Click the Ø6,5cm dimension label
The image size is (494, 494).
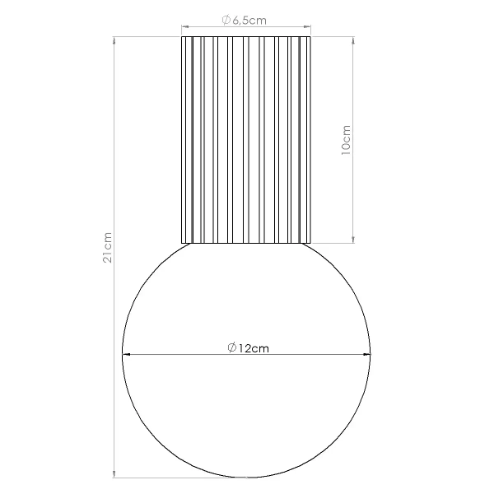click(x=246, y=22)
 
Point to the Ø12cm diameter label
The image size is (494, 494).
click(x=247, y=347)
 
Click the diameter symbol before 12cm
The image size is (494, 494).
click(x=232, y=347)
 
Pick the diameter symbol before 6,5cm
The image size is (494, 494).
click(x=227, y=22)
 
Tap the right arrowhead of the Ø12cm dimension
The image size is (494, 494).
click(x=368, y=356)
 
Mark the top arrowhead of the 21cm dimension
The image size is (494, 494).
click(x=114, y=39)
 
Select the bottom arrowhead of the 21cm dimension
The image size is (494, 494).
click(x=114, y=474)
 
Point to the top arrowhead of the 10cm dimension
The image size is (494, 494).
click(x=353, y=39)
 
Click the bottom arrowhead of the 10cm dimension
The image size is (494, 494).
click(x=353, y=240)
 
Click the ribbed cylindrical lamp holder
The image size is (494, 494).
click(x=246, y=140)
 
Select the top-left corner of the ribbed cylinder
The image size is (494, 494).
click(x=181, y=36)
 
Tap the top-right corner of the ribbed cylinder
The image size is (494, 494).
click(x=311, y=36)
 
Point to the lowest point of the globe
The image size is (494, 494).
click(x=246, y=478)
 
